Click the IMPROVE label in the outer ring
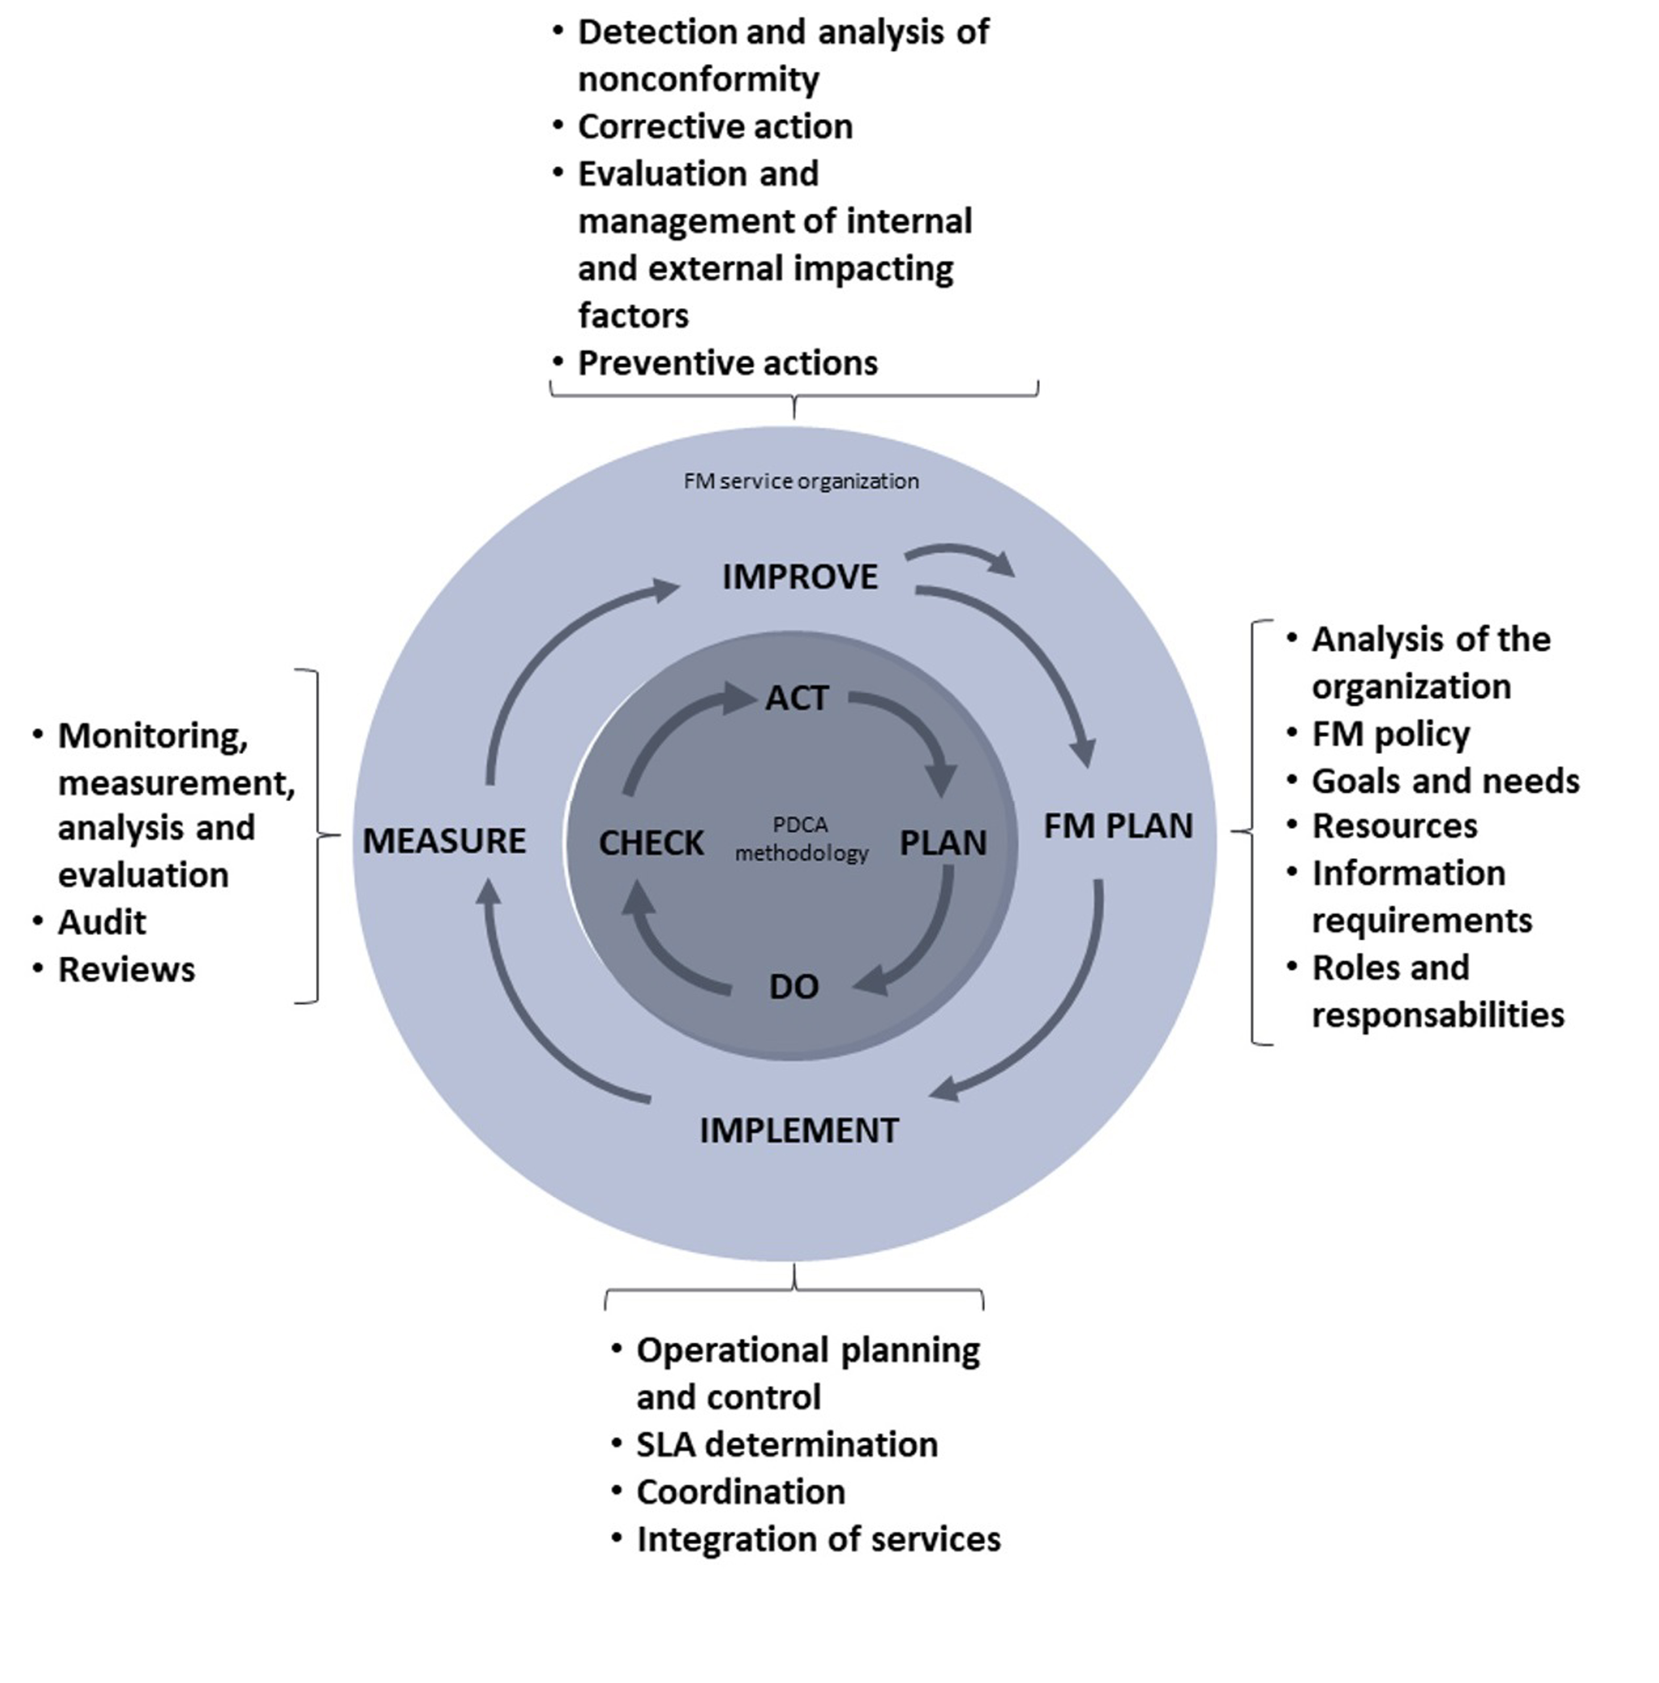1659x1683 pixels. click(x=799, y=577)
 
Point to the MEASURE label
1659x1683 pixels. click(x=444, y=841)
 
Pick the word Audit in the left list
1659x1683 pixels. click(x=102, y=922)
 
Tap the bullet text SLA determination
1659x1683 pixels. click(x=786, y=1444)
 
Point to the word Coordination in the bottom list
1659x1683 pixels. click(x=740, y=1491)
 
